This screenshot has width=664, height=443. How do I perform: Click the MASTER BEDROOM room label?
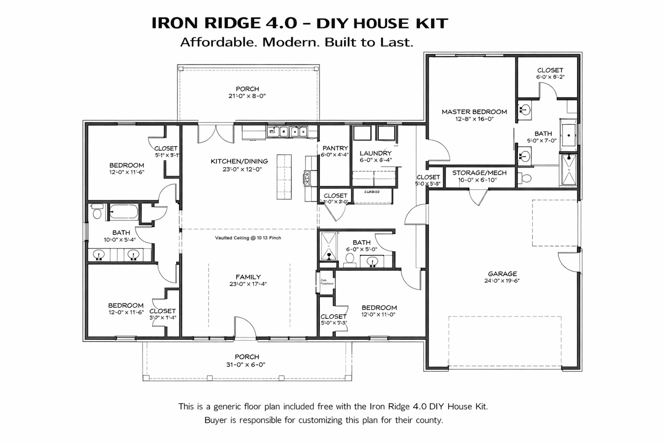click(x=474, y=112)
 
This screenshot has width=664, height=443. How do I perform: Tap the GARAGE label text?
click(x=502, y=274)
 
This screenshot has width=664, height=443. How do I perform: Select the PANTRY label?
click(x=335, y=148)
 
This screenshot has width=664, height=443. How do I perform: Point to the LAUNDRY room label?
click(x=375, y=153)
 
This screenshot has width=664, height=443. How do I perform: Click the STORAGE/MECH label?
click(x=479, y=173)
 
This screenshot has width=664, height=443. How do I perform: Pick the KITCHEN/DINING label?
click(x=239, y=161)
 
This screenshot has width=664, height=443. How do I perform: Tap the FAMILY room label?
click(x=248, y=277)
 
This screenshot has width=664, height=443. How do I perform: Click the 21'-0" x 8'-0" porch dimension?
click(x=247, y=96)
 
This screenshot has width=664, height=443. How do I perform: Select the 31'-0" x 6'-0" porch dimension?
click(x=247, y=364)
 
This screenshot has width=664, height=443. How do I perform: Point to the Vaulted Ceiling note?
click(x=248, y=238)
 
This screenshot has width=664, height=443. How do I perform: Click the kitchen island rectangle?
click(x=284, y=176)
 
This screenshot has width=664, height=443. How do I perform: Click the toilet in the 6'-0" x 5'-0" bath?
click(x=350, y=259)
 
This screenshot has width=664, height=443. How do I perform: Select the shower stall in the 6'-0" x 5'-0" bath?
click(x=329, y=247)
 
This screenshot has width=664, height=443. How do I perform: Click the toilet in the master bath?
click(x=525, y=178)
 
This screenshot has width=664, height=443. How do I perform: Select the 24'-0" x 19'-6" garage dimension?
click(x=502, y=281)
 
